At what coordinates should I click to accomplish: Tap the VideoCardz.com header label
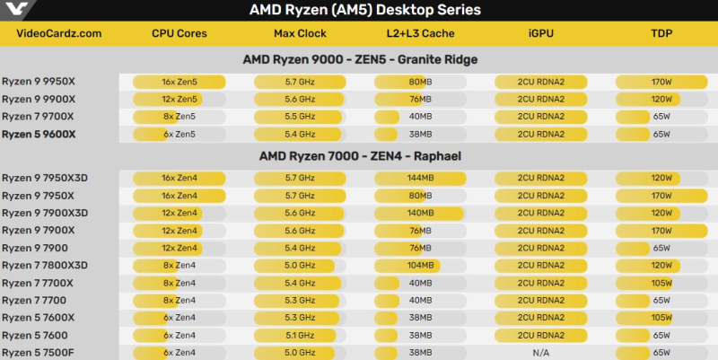(58, 34)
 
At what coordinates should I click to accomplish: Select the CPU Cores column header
(179, 34)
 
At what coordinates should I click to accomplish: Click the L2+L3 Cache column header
(420, 34)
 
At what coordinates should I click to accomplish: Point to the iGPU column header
(540, 34)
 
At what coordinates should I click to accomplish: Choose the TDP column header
(661, 34)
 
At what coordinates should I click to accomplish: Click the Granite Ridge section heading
(360, 59)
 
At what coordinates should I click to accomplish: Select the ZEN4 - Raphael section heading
(360, 155)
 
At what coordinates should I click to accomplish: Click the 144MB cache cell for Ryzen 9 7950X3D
(420, 178)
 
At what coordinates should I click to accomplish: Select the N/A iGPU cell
(540, 353)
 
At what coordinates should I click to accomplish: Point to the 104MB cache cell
(420, 266)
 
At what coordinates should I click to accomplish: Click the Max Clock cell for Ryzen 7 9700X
(300, 117)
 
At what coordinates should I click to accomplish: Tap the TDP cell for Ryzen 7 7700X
(661, 283)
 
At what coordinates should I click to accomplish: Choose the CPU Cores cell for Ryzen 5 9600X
(179, 135)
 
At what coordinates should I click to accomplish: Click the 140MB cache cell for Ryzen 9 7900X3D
(420, 213)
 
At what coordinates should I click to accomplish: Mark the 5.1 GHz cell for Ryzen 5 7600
(300, 336)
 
